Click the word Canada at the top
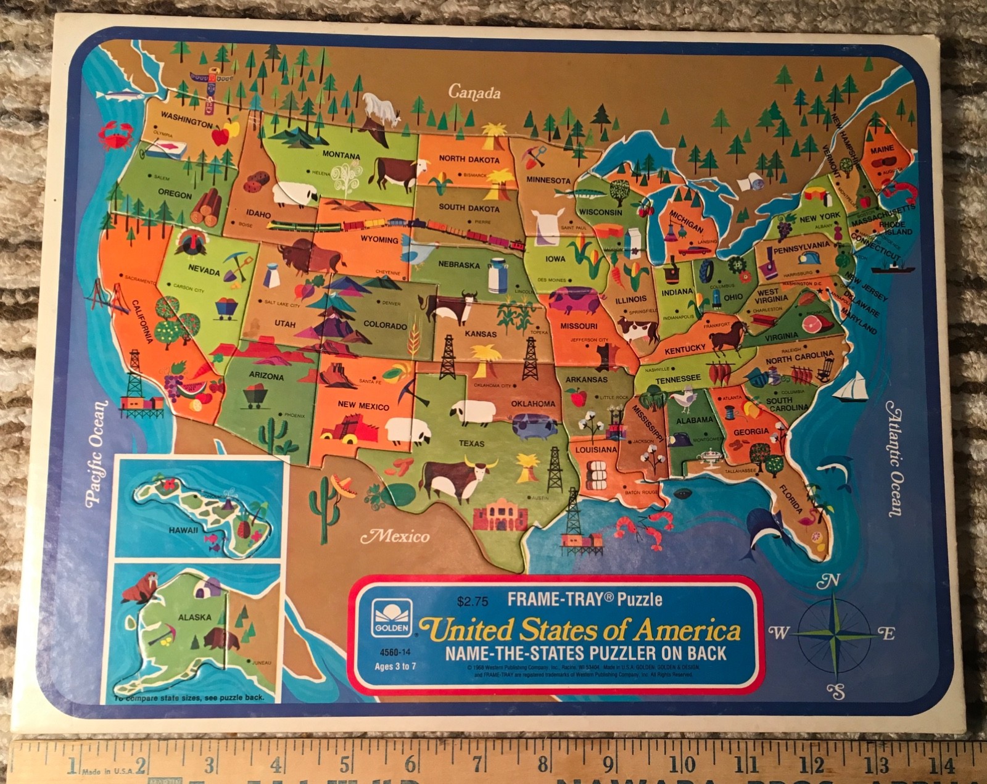click(x=474, y=93)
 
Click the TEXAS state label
click(x=471, y=443)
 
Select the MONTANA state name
click(x=341, y=154)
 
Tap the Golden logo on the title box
click(x=392, y=617)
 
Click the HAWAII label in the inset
click(x=183, y=529)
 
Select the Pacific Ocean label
click(x=97, y=453)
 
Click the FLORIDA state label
click(x=791, y=498)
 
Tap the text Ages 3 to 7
click(x=395, y=666)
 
